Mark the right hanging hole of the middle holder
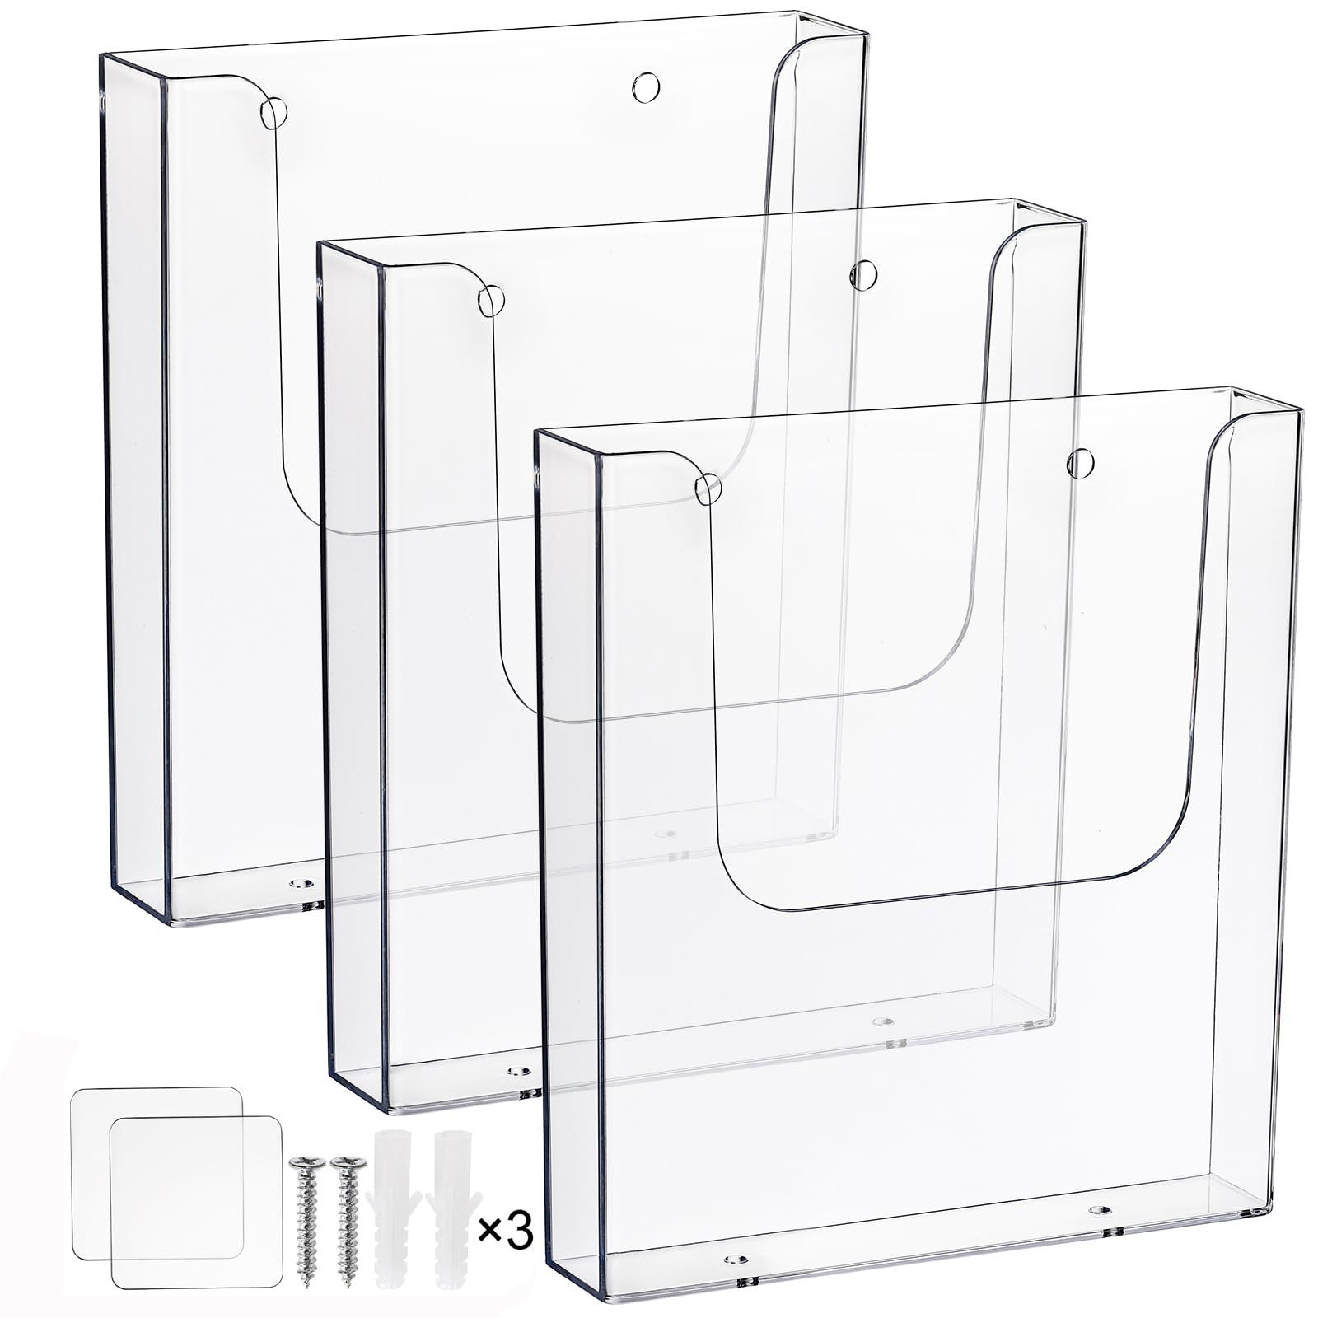864,274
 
